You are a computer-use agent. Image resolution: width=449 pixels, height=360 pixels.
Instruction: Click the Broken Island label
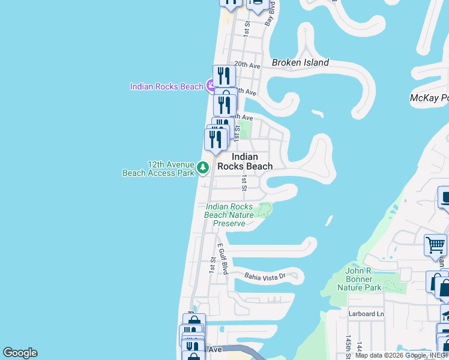point(300,62)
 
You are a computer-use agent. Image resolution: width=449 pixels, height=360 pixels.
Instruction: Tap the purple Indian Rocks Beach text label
point(166,86)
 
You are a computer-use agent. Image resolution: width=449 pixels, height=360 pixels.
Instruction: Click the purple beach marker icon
point(211,86)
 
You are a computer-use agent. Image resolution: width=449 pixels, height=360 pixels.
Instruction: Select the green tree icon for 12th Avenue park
point(203,167)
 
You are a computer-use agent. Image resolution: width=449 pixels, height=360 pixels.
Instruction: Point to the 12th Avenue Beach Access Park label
point(158,169)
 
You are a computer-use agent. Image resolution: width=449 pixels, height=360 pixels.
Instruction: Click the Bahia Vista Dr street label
point(271,276)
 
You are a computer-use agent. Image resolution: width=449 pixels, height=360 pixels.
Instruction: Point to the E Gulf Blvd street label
point(222,259)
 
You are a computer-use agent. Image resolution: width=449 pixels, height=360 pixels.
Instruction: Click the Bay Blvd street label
point(270,13)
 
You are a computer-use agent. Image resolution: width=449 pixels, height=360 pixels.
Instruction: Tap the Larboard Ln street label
point(366,314)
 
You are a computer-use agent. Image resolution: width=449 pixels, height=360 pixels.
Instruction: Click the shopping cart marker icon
point(436,244)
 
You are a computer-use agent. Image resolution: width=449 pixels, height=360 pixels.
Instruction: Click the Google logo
point(20,353)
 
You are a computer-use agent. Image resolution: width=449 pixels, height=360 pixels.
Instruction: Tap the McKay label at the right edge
point(429,98)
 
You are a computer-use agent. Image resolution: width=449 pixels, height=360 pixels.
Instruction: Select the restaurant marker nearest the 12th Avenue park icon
point(215,139)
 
